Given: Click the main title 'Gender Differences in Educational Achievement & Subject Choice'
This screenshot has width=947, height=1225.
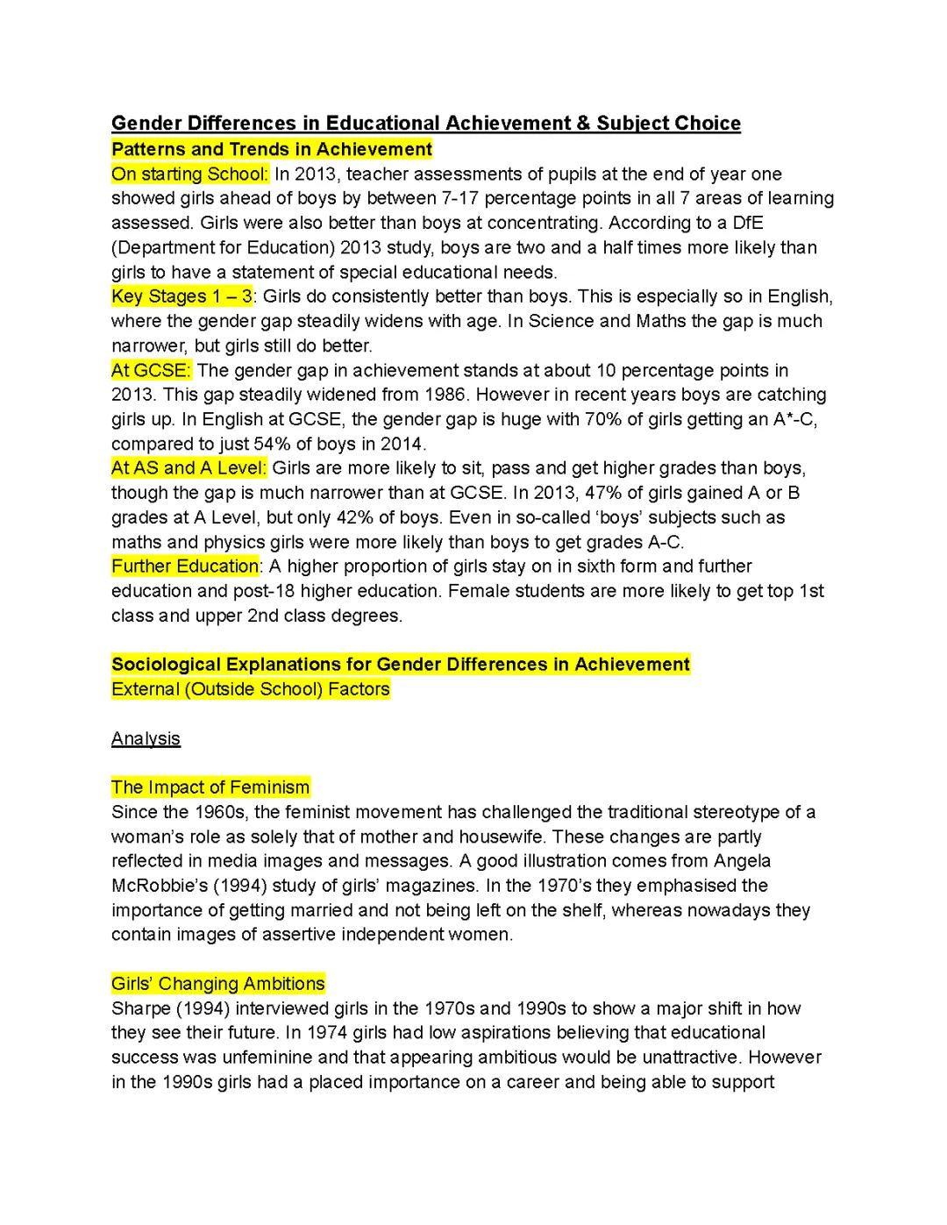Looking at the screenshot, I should click(425, 123).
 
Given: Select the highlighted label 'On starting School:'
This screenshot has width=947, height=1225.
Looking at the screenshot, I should click(189, 174).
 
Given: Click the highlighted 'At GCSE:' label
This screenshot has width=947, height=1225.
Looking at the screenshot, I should click(151, 370).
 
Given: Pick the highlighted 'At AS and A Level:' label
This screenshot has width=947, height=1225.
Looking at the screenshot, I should click(189, 468).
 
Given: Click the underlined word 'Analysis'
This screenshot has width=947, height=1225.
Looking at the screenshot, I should click(146, 738).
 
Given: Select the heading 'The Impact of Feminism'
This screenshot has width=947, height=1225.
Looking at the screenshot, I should click(210, 787).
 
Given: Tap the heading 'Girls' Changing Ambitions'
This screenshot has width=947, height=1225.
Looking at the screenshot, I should click(217, 984).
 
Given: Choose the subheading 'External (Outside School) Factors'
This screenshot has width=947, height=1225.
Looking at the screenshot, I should click(251, 689).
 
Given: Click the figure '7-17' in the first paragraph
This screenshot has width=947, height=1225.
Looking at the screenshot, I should click(466, 198).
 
